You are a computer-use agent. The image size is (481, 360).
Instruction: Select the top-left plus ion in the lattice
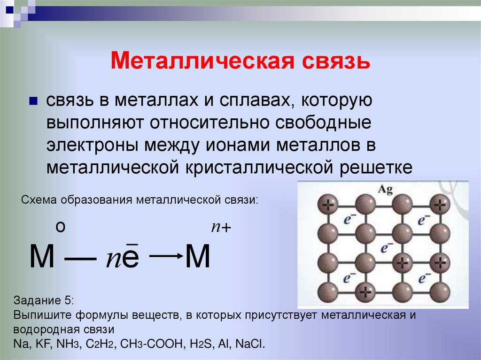click(x=328, y=204)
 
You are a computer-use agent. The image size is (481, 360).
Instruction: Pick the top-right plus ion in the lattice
click(x=439, y=204)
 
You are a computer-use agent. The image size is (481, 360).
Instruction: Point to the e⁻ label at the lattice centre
click(x=387, y=247)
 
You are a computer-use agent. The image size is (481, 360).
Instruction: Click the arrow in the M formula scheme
click(x=165, y=255)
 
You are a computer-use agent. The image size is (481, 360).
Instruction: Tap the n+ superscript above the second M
click(x=221, y=227)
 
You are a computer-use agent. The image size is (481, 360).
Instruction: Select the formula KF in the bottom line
click(x=39, y=343)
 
